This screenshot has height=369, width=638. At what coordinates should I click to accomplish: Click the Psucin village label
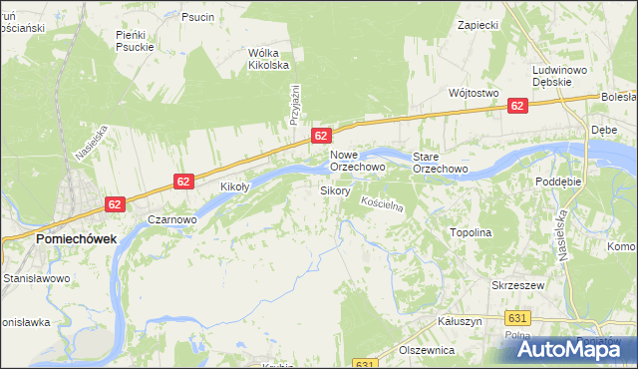click(197, 17)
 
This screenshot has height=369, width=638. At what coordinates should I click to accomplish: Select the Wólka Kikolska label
click(268, 59)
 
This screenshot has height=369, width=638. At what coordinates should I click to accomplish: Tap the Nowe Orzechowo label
click(358, 162)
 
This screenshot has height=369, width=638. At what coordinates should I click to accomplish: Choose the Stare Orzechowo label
click(441, 162)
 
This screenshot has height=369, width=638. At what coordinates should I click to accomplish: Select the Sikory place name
click(334, 189)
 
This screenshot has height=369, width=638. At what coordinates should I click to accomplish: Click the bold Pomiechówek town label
click(76, 239)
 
